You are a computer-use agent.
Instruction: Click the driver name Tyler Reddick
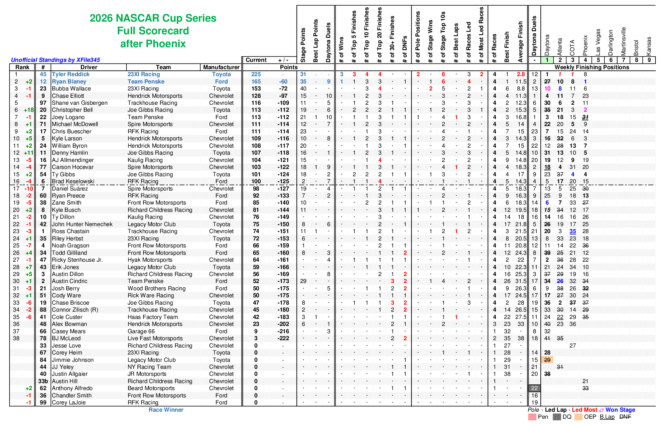[x=70, y=74]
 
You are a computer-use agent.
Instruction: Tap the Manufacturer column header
[x=221, y=67]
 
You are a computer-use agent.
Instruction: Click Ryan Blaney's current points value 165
[x=256, y=81]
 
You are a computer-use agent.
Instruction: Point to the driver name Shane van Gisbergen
[x=79, y=103]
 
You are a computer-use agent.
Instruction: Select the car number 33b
[x=43, y=381]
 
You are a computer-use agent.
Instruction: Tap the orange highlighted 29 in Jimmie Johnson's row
[x=547, y=360]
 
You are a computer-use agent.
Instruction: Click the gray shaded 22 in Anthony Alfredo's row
[x=534, y=388]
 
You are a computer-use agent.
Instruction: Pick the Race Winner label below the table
[x=166, y=410]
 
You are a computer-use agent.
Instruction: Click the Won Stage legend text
[x=620, y=410]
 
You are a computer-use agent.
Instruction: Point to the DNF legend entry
[x=625, y=417]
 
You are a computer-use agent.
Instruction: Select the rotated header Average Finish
[x=520, y=42]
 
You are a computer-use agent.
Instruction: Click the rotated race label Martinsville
[x=623, y=41]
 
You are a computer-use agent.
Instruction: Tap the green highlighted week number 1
[x=547, y=60]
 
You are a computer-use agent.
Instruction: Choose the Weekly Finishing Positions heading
[x=592, y=67]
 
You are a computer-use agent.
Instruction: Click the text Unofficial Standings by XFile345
[x=56, y=60]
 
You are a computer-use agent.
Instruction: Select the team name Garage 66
[x=141, y=331]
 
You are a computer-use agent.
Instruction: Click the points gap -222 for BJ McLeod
[x=283, y=338]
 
